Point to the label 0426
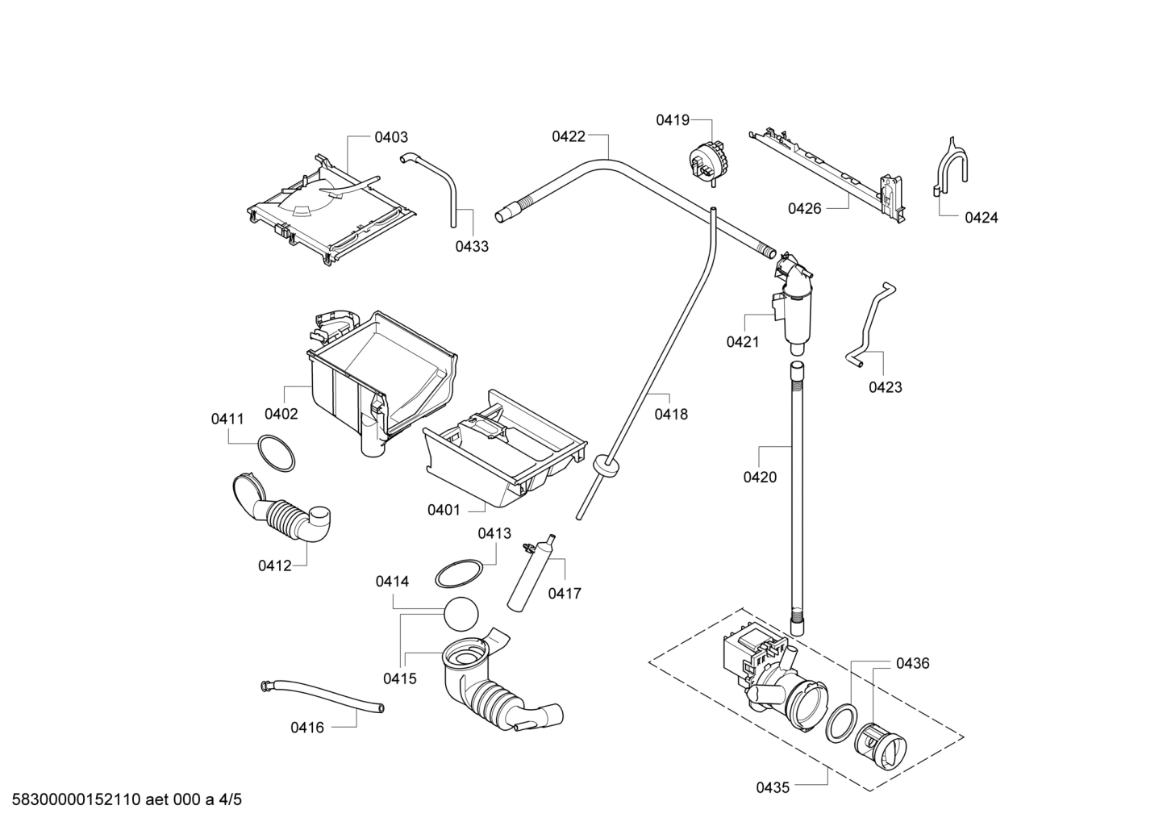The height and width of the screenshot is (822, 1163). (x=804, y=209)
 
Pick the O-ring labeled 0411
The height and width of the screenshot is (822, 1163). (x=274, y=453)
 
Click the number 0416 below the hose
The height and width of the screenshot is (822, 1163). (x=307, y=728)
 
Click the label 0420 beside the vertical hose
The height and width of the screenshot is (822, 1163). (x=760, y=478)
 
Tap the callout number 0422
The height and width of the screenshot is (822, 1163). (x=568, y=137)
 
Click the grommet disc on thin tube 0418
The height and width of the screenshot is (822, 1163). (x=606, y=466)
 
